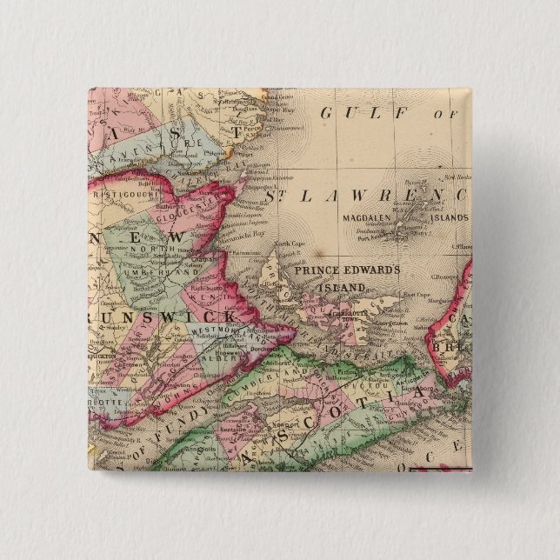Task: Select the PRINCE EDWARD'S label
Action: [x=346, y=270]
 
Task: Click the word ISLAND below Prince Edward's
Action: [x=342, y=286]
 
